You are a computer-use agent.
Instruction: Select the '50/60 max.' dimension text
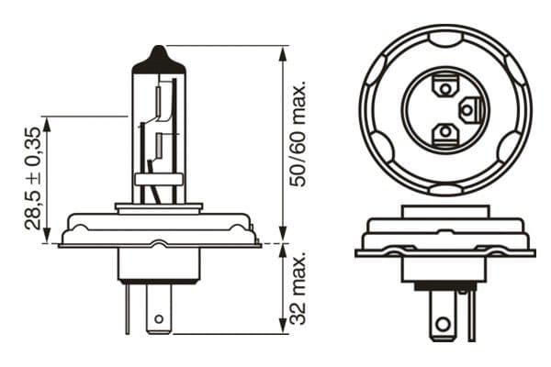pos(297,134)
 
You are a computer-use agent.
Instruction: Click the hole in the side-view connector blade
pos(160,320)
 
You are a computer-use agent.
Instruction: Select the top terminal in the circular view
pos(444,88)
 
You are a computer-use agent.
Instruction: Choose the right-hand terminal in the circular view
pos(467,111)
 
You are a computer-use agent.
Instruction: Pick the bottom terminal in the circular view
pos(444,133)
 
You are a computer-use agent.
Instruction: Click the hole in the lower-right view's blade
pos(445,324)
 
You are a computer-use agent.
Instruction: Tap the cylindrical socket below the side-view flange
pos(159,264)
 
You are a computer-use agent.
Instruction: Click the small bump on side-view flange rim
pos(160,242)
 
